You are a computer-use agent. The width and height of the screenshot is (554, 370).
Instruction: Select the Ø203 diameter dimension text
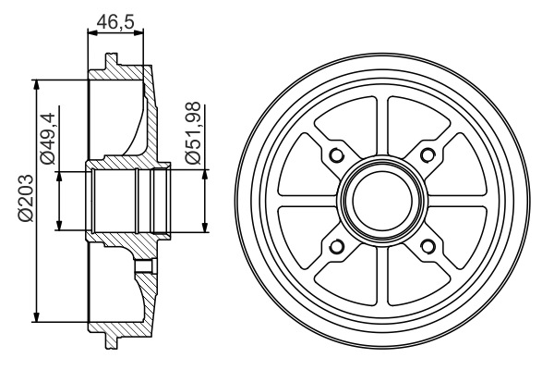click(x=26, y=198)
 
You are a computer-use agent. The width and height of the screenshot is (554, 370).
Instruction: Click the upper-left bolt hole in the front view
click(x=335, y=154)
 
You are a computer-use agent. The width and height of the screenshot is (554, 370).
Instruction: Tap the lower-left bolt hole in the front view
click(x=335, y=245)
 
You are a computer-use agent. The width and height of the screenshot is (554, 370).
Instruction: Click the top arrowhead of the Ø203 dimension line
click(x=36, y=84)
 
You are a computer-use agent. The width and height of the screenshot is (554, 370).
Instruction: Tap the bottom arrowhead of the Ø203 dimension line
click(x=36, y=314)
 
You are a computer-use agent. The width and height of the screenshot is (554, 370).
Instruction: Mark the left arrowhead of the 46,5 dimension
click(x=90, y=33)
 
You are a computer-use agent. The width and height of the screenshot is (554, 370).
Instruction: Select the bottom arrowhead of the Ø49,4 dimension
click(x=59, y=226)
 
